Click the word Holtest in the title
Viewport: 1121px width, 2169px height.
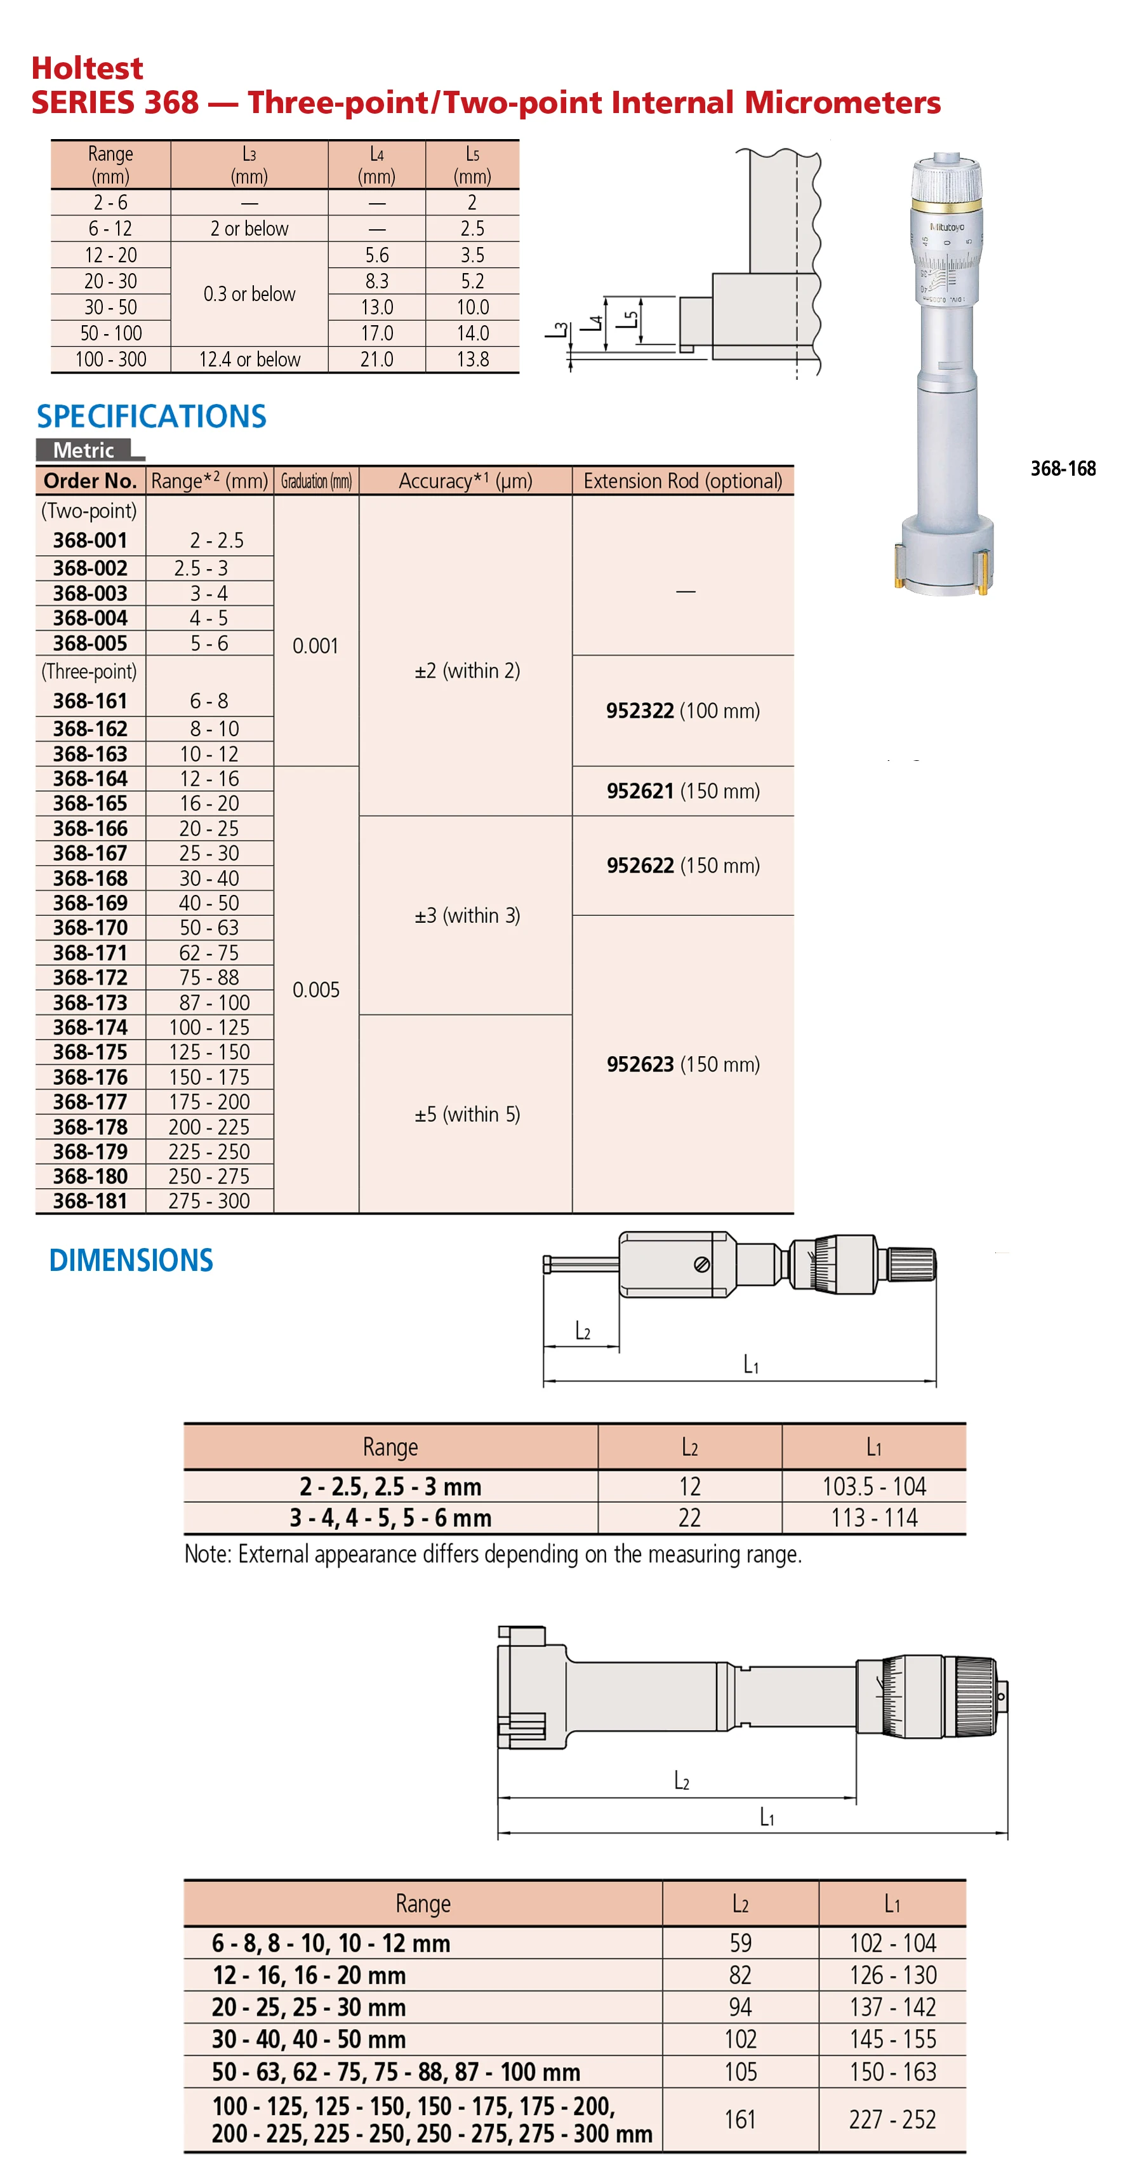point(88,68)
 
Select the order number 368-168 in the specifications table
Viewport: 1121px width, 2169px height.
point(90,878)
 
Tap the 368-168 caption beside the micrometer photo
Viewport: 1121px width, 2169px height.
point(1063,468)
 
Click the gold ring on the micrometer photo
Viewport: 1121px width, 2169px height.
point(946,205)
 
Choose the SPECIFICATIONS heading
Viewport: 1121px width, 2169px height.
point(152,416)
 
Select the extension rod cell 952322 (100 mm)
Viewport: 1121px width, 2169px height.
point(682,711)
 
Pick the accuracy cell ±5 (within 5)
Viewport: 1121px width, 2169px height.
point(467,1114)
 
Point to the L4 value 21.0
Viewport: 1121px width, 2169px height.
point(376,359)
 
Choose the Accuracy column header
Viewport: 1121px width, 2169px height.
point(465,481)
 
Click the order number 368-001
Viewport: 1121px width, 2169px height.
point(90,541)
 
